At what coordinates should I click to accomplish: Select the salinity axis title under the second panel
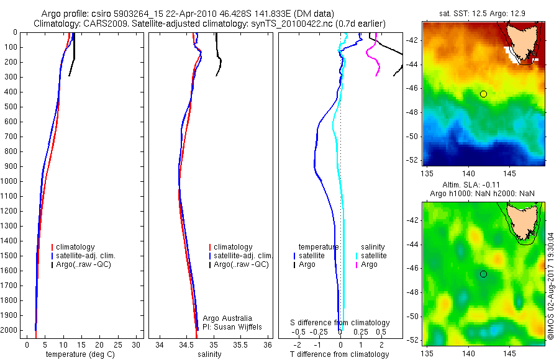(209, 354)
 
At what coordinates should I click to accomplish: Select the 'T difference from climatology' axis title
(339, 354)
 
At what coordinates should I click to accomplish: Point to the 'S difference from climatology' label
(340, 323)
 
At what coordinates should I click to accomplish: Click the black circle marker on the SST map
(483, 94)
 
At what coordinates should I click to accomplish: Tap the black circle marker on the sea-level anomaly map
(483, 274)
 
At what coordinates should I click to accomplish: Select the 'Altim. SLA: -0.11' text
(484, 185)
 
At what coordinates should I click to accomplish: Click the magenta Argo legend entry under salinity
(369, 264)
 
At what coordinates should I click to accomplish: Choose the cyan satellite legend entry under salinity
(373, 256)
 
